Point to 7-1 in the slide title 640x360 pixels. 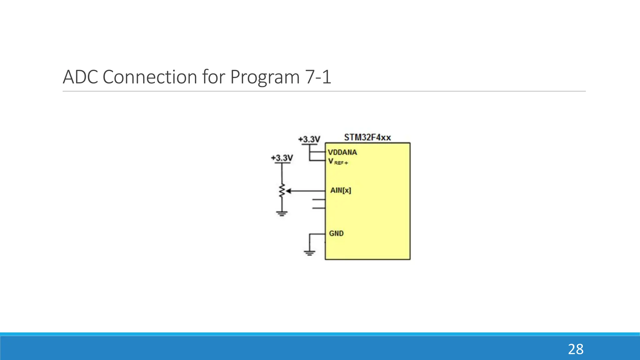click(x=318, y=77)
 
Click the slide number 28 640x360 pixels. click(x=575, y=349)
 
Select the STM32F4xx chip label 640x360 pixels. click(x=367, y=137)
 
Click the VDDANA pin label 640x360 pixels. click(x=342, y=152)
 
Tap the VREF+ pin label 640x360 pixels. click(x=338, y=162)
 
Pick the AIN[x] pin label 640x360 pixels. click(x=341, y=190)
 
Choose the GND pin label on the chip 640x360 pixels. click(x=336, y=233)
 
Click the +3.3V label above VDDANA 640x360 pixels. click(x=309, y=139)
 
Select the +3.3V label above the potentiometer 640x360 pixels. click(x=282, y=158)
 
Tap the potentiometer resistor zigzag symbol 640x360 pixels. click(x=282, y=191)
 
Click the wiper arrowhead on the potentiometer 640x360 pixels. click(x=288, y=191)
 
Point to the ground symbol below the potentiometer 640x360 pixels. click(x=282, y=214)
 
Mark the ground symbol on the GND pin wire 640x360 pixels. click(x=309, y=253)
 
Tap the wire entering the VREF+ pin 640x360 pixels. click(x=317, y=161)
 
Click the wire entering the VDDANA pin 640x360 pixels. click(x=317, y=152)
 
